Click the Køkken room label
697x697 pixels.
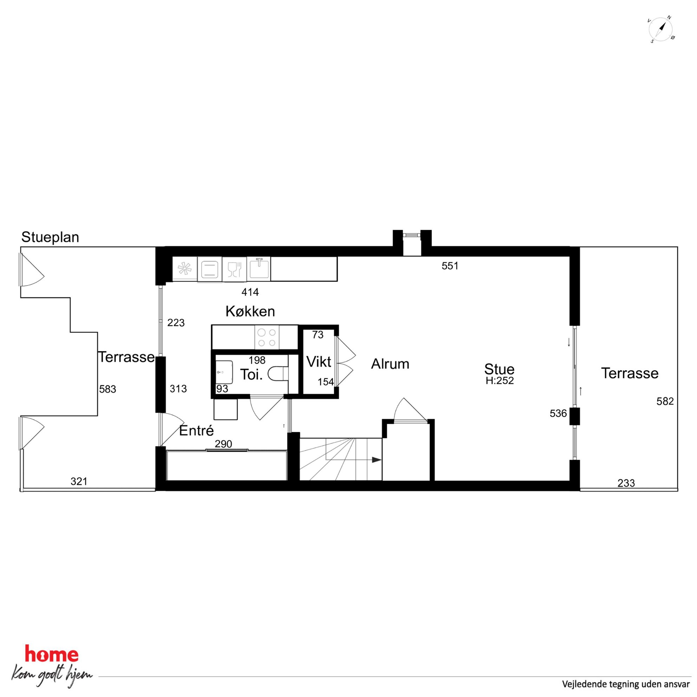(x=250, y=311)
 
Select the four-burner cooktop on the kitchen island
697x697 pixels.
(x=267, y=337)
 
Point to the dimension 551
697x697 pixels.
(x=450, y=266)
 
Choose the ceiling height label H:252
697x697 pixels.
(x=499, y=380)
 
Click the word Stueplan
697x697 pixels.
(x=50, y=237)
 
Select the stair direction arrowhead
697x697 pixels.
(x=377, y=460)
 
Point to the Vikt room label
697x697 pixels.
(x=319, y=361)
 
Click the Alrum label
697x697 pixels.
(x=390, y=364)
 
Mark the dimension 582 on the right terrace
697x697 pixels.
(x=665, y=402)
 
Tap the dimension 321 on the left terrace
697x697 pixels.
(x=79, y=481)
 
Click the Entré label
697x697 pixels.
(x=197, y=430)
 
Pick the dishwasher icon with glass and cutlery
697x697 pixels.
(x=234, y=269)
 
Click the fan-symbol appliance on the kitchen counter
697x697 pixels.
(x=185, y=269)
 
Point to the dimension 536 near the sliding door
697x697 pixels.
(x=558, y=413)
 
